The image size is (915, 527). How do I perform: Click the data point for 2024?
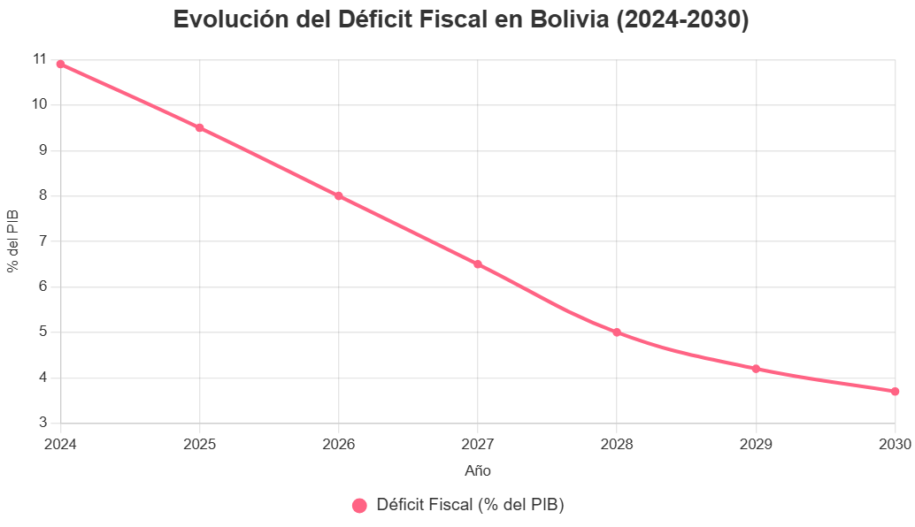(x=60, y=64)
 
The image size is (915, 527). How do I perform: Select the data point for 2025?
(x=199, y=127)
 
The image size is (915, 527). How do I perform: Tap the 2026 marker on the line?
(x=339, y=195)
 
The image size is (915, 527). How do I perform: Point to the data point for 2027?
(x=478, y=263)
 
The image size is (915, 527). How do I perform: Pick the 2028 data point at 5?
(x=617, y=332)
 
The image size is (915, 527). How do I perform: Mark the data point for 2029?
(x=756, y=369)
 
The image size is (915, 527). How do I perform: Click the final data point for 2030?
(x=895, y=391)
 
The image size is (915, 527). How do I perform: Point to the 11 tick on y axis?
(x=39, y=59)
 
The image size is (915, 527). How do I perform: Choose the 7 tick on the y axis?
(x=42, y=241)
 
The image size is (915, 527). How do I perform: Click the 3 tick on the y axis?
(x=42, y=423)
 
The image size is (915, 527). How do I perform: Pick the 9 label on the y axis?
(x=42, y=150)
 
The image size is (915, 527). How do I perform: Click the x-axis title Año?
(x=478, y=470)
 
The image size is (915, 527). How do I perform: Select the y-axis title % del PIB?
(x=13, y=241)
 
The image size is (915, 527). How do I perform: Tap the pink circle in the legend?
(x=359, y=506)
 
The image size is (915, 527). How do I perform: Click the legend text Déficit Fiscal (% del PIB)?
(x=470, y=505)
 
